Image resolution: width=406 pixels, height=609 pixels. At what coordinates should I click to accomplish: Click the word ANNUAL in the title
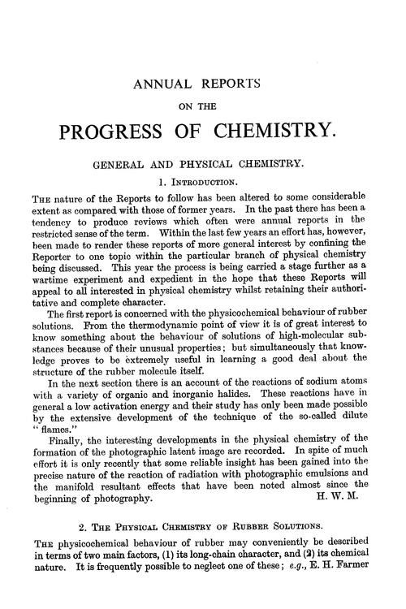(164, 83)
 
